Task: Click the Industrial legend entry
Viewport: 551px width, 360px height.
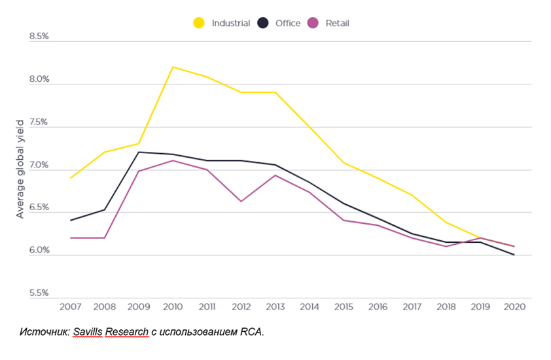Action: [222, 23]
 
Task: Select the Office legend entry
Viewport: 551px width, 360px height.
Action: [279, 23]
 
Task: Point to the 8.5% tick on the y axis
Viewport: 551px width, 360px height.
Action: [39, 37]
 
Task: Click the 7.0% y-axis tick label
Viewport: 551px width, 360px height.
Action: [39, 165]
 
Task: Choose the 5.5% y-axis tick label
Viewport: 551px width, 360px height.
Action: [39, 293]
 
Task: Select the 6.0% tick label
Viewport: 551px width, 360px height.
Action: [39, 251]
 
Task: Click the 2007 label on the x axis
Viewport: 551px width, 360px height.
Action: [71, 306]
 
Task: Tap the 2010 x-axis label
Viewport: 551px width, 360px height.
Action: [173, 306]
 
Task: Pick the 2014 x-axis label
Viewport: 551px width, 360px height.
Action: [309, 306]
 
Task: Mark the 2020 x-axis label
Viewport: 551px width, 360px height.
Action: [513, 306]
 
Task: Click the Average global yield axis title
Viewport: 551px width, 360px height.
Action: [20, 169]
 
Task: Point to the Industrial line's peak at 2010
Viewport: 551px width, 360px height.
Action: [173, 67]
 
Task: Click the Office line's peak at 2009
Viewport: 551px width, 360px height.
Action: [139, 152]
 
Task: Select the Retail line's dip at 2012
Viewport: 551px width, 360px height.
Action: [241, 201]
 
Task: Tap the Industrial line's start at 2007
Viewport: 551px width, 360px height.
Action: [71, 177]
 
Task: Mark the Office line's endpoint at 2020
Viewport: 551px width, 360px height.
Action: [514, 255]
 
